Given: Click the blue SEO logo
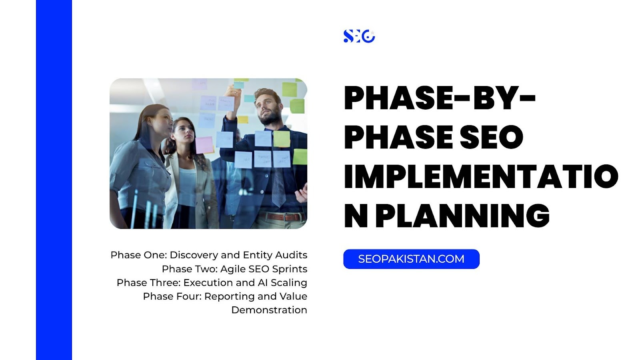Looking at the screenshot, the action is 359,36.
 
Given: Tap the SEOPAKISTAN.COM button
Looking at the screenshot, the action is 412,259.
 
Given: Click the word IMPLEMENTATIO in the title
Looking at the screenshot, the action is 481,176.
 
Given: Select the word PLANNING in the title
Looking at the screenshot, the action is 462,216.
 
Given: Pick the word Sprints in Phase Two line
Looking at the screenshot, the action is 290,269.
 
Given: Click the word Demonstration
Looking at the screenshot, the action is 269,310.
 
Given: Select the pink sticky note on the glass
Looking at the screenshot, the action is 204,145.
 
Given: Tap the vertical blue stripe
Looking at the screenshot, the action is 54,180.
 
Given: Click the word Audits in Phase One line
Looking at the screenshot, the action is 291,255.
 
